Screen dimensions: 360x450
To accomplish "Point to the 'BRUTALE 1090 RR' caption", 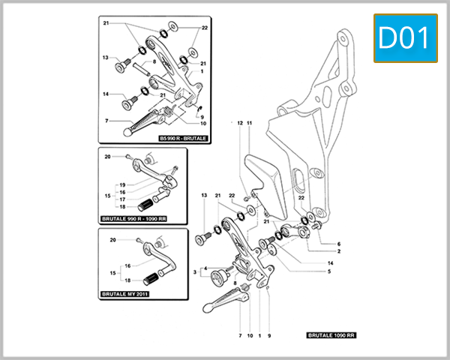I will pyautogui.click(x=330, y=336).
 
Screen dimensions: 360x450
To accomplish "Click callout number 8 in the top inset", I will pyautogui.click(x=154, y=61).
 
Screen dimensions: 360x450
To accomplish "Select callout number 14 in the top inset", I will pyautogui.click(x=106, y=94).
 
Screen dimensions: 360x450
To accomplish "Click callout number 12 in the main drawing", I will pyautogui.click(x=240, y=122).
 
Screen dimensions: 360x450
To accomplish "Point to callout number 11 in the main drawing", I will pyautogui.click(x=250, y=122).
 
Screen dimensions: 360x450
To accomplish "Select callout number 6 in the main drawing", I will pyautogui.click(x=339, y=244).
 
